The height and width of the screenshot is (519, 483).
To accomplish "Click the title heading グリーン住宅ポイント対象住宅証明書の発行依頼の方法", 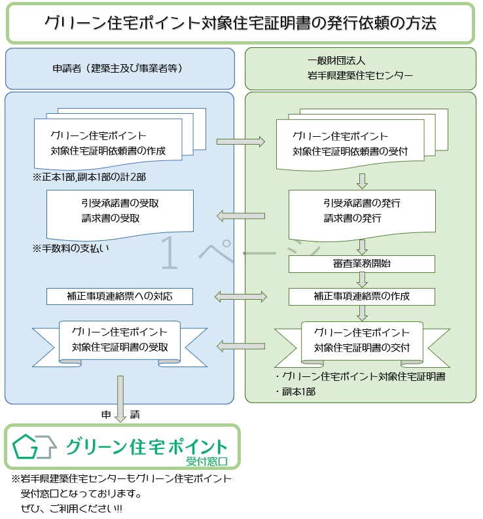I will [240, 23].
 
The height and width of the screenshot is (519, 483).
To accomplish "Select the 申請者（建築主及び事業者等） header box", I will [120, 68].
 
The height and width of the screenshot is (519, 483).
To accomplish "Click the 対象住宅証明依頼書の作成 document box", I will [108, 144].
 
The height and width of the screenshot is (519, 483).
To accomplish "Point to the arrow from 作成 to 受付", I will [240, 141].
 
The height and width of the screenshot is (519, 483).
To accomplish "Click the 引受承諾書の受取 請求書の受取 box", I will [120, 211].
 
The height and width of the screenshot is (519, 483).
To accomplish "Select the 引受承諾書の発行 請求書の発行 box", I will [362, 211].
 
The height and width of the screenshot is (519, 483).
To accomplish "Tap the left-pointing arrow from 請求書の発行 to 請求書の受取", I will [240, 215].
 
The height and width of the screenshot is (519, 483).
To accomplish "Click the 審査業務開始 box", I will [362, 264].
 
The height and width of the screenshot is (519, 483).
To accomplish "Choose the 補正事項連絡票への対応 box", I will [120, 296].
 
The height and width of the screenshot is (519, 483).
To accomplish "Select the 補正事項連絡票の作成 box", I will [362, 296].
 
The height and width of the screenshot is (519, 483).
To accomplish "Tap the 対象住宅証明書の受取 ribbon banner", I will [120, 340].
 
